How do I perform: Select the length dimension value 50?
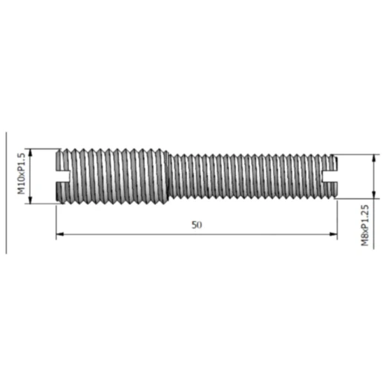(x=196, y=225)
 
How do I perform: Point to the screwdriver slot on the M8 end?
(x=331, y=176)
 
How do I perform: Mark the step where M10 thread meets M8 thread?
(x=170, y=176)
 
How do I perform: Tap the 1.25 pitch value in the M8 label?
(x=364, y=210)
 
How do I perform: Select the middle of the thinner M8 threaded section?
(x=252, y=176)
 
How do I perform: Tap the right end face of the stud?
(x=337, y=176)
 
